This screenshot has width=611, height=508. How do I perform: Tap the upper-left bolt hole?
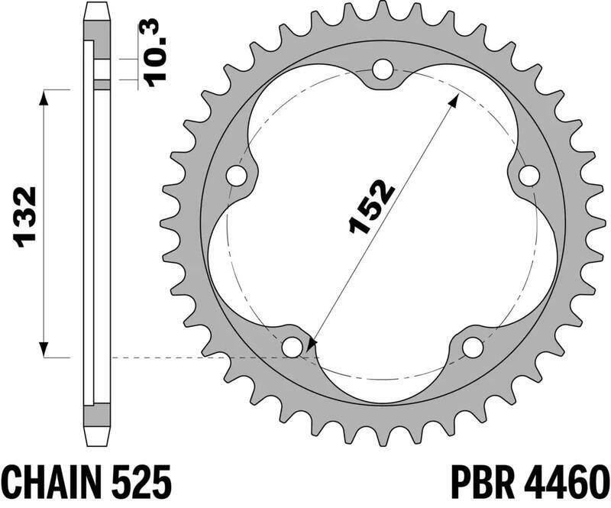click(x=238, y=176)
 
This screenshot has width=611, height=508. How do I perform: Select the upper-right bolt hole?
click(x=528, y=176)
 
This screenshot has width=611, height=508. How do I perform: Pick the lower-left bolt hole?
click(x=292, y=347)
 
